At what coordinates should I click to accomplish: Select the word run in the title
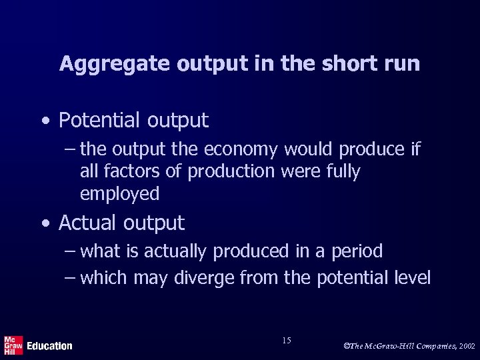tap(403, 64)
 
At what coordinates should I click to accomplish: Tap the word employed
tap(119, 194)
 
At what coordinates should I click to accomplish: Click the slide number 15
tap(286, 341)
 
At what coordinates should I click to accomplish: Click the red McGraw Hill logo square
tap(13, 345)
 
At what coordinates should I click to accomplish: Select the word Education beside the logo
tap(49, 346)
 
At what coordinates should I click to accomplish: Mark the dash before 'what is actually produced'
tap(71, 252)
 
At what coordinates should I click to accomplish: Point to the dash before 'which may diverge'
tap(71, 277)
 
